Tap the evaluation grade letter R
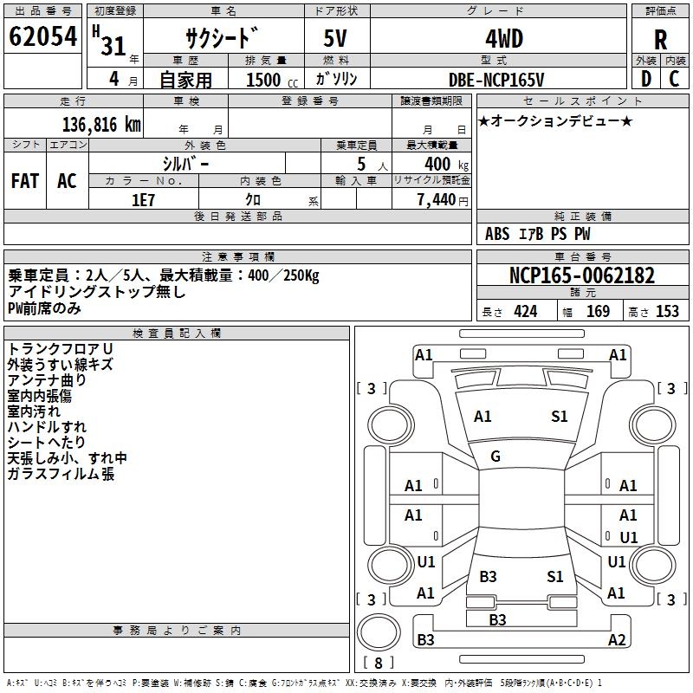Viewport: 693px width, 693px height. pyautogui.click(x=660, y=40)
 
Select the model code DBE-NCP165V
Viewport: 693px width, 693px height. pyautogui.click(x=496, y=79)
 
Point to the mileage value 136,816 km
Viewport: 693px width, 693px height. pyautogui.click(x=100, y=124)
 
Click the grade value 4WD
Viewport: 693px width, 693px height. pyautogui.click(x=496, y=39)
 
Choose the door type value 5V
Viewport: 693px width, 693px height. pyautogui.click(x=337, y=40)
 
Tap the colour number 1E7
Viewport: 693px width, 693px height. pyautogui.click(x=144, y=198)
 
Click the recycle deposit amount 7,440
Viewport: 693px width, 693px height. pyautogui.click(x=436, y=199)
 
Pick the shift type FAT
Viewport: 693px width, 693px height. pyautogui.click(x=25, y=181)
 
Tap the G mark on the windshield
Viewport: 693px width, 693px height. pyautogui.click(x=495, y=457)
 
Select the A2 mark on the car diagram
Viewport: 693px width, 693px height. pyautogui.click(x=617, y=640)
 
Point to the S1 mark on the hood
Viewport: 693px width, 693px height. pyautogui.click(x=560, y=417)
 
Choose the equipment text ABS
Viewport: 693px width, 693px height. pyautogui.click(x=497, y=234)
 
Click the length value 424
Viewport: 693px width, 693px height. pyautogui.click(x=525, y=312)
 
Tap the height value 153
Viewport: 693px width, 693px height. pyautogui.click(x=667, y=312)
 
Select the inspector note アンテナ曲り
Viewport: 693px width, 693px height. pyautogui.click(x=47, y=379)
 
